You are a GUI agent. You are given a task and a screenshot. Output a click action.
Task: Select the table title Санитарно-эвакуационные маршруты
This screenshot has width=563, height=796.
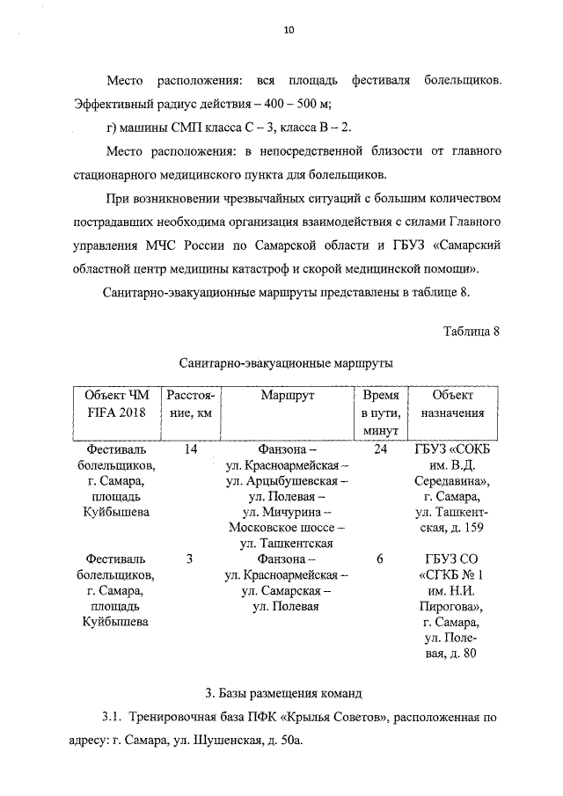(286, 362)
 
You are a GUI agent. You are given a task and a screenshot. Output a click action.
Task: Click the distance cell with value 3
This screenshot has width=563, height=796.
(190, 559)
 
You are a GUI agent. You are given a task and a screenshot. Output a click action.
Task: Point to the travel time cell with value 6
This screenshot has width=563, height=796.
(380, 559)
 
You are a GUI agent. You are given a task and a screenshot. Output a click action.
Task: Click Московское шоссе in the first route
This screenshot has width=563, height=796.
(286, 528)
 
